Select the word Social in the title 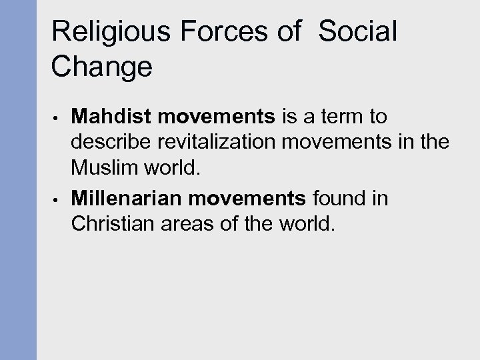click(357, 33)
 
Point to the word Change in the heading click(102, 67)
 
